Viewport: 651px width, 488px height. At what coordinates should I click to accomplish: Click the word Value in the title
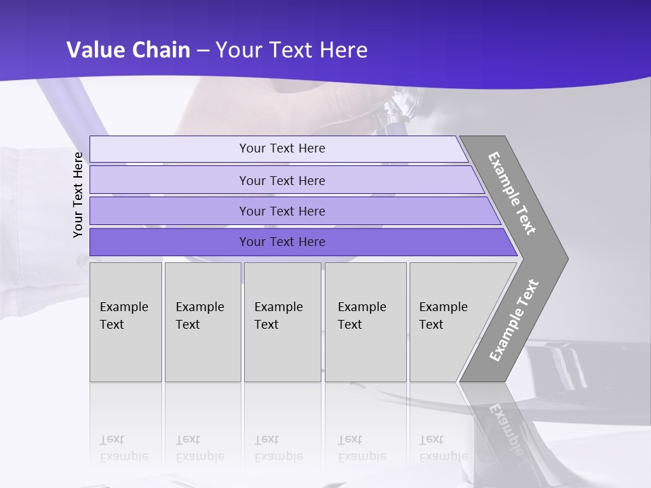94,50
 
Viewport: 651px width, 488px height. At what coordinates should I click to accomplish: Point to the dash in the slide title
203,51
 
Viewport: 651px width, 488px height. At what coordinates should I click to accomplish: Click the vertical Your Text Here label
78,195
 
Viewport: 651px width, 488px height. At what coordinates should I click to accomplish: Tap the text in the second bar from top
282,181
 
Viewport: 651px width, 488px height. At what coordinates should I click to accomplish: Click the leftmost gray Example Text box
125,322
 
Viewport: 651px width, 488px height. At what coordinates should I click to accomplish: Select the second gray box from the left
203,322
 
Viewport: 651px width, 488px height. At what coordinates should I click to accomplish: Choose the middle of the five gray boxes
282,322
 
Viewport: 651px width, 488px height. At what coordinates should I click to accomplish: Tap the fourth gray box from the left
366,322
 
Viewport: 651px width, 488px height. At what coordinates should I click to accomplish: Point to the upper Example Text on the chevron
512,193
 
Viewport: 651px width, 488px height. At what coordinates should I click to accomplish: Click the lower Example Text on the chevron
513,320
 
